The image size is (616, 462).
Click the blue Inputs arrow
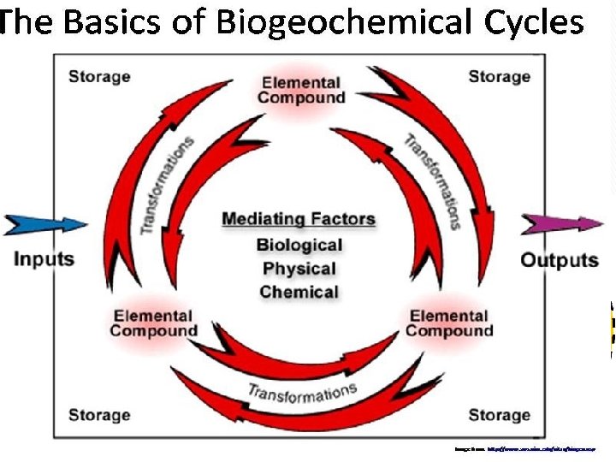(x=46, y=224)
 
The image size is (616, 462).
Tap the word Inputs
(x=44, y=259)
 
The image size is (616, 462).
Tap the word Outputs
(x=560, y=260)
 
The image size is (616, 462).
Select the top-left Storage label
(x=99, y=77)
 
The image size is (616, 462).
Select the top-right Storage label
(x=499, y=77)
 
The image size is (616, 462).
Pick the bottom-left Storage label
(x=99, y=415)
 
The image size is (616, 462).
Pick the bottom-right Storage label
(x=499, y=415)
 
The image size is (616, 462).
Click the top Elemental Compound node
(x=301, y=90)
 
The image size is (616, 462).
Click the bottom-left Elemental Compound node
(x=153, y=323)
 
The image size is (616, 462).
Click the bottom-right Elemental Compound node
(x=449, y=323)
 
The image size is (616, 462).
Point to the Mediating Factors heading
(x=299, y=219)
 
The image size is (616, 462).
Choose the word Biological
(x=299, y=246)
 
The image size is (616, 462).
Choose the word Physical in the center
(x=299, y=269)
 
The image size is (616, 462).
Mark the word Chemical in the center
(x=299, y=292)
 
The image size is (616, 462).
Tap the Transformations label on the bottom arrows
(x=301, y=394)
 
